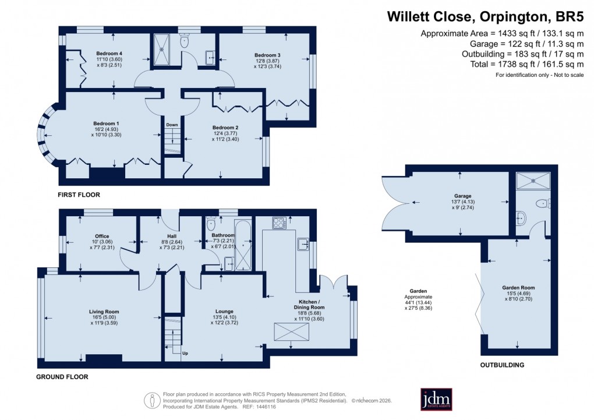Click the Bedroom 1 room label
(x=106, y=123)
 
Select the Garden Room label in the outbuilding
(x=518, y=288)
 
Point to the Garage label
(x=459, y=196)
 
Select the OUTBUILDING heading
(x=502, y=365)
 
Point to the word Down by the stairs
(x=172, y=125)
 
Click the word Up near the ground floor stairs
(x=185, y=353)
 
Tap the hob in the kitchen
(x=277, y=222)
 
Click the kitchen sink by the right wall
(x=302, y=243)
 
